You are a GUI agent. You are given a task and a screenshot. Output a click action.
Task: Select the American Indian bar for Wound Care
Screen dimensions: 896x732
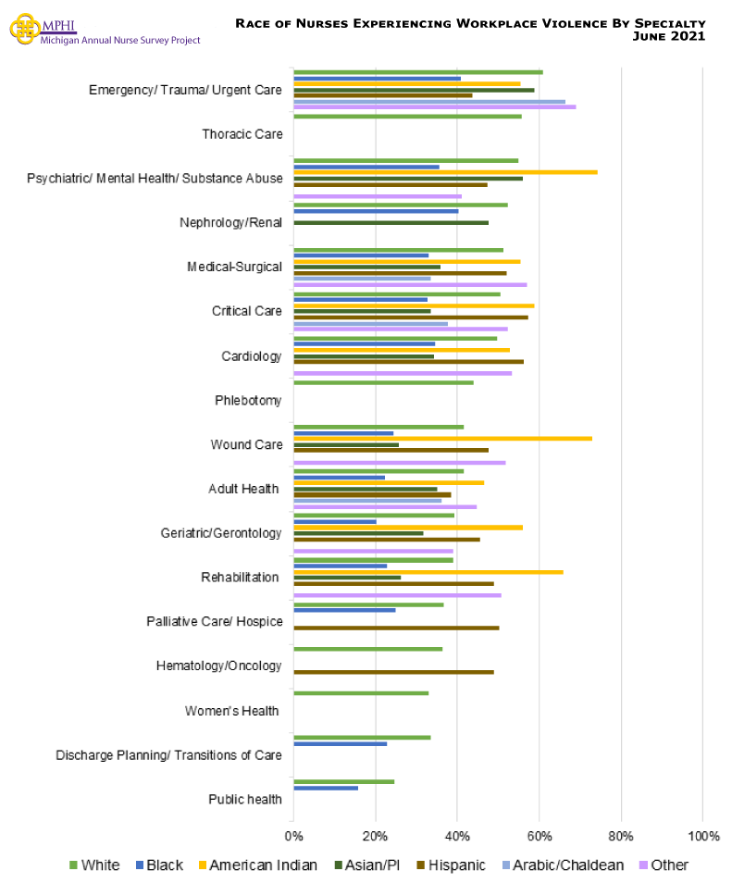[x=442, y=438]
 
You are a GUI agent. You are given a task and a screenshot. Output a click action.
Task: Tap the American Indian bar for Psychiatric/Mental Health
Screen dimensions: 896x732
[x=445, y=172]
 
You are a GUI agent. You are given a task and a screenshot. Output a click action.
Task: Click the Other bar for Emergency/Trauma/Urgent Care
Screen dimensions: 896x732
[x=434, y=106]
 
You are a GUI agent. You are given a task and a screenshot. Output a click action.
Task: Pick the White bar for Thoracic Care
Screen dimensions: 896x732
[x=407, y=116]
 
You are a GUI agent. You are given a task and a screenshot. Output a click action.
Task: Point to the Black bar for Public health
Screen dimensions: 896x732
[x=326, y=788]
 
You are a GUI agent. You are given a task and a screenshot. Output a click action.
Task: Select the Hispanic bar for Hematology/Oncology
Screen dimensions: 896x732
[x=393, y=672]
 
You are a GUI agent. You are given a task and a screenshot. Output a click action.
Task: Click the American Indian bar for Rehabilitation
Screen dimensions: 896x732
[x=428, y=572]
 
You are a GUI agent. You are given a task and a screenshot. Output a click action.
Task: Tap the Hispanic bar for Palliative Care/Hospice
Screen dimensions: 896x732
[x=396, y=628]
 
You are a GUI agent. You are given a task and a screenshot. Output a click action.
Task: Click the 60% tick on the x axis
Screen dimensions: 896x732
[x=539, y=837]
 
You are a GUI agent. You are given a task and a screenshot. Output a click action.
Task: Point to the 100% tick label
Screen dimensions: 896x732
[x=702, y=837]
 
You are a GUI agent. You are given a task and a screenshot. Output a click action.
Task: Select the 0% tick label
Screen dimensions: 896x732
[x=293, y=837]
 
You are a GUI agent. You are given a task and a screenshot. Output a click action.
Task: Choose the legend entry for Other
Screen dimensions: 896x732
[x=663, y=865]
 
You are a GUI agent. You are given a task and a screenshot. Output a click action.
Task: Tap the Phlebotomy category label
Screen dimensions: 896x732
[x=248, y=400]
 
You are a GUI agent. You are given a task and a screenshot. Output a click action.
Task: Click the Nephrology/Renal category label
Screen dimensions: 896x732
[x=230, y=222]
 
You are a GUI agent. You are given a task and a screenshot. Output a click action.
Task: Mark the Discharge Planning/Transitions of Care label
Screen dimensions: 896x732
[x=168, y=754]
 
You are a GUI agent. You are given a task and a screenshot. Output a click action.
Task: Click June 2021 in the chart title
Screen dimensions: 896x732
[x=669, y=36]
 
